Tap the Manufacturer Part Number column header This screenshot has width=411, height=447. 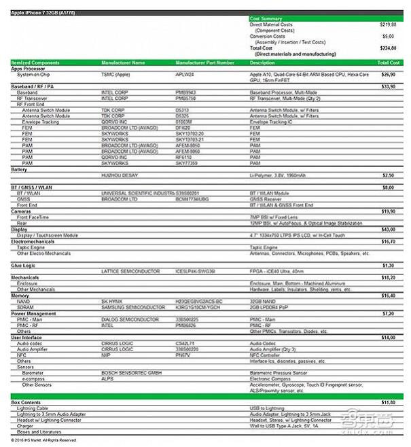pos(204,62)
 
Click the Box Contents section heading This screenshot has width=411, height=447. pos(26,404)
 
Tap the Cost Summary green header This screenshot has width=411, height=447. pos(268,19)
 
